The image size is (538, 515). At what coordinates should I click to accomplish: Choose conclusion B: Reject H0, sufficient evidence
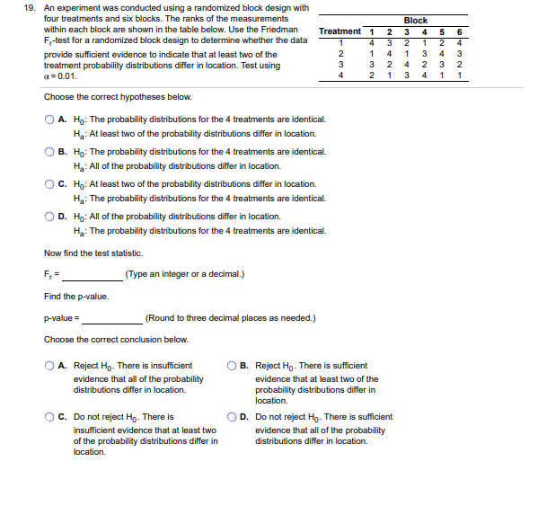(x=234, y=367)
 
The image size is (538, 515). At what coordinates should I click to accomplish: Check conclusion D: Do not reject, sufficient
(x=234, y=417)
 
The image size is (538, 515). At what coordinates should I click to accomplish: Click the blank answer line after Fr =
(x=93, y=275)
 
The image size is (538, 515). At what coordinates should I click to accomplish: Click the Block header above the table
(x=415, y=20)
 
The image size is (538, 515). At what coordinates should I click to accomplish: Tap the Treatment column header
(x=340, y=31)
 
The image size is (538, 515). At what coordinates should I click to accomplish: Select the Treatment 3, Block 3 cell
(x=406, y=65)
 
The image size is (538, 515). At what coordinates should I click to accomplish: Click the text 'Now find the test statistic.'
(x=90, y=253)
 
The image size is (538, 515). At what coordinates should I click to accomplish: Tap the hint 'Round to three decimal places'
(x=230, y=318)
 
